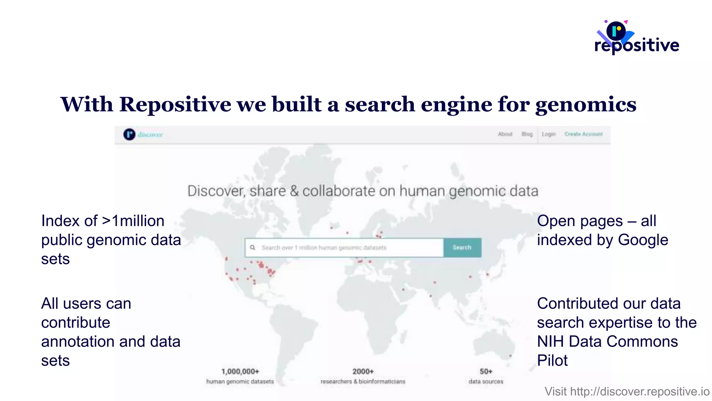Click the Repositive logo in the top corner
point(636,38)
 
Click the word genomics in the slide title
point(586,104)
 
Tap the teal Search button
point(462,247)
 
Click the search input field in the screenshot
point(344,247)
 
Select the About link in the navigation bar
point(505,134)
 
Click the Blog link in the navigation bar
point(527,134)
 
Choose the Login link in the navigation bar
point(549,134)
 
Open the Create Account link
point(583,134)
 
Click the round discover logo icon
point(129,134)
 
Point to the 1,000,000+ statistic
point(240,371)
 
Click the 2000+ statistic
point(363,371)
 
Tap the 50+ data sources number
point(486,371)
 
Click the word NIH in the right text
point(551,341)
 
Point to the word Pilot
point(552,360)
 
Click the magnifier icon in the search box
point(253,247)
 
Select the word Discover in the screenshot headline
point(216,191)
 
